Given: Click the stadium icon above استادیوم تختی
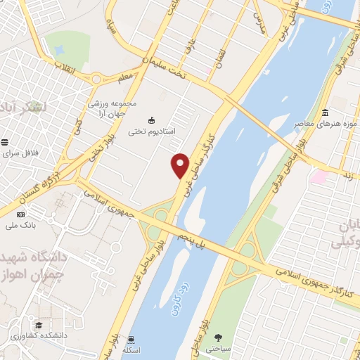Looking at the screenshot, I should pos(153,119).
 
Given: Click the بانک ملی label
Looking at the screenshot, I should pos(20,225).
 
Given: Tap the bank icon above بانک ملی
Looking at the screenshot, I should pos(20,214).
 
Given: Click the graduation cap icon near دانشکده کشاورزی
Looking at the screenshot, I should pos(39,325).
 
